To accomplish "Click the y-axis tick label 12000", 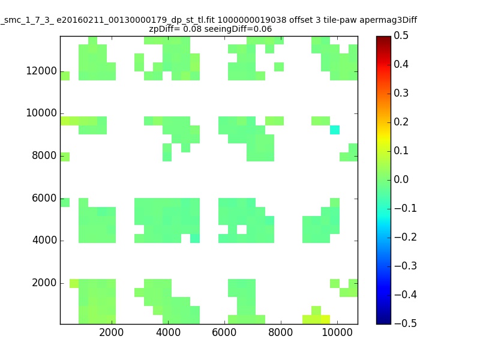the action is click(41, 71).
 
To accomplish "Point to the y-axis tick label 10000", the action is click(41, 113).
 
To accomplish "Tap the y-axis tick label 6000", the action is click(44, 198).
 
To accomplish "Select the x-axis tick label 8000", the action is click(280, 332).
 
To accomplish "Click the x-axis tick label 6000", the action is click(224, 332).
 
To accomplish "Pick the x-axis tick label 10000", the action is click(337, 332).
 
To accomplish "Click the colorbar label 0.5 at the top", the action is click(401, 35).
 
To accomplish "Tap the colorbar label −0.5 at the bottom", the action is click(406, 323).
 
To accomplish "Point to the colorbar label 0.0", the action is click(401, 179).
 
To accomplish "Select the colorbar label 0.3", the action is click(401, 93).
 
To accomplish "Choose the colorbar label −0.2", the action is click(406, 237).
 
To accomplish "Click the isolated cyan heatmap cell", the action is click(335, 130).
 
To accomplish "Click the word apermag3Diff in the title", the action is click(388, 20).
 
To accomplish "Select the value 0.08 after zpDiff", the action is click(192, 29).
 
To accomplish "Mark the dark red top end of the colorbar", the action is click(383, 38).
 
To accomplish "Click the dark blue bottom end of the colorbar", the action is click(383, 322).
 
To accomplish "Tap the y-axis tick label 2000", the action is click(44, 283).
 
